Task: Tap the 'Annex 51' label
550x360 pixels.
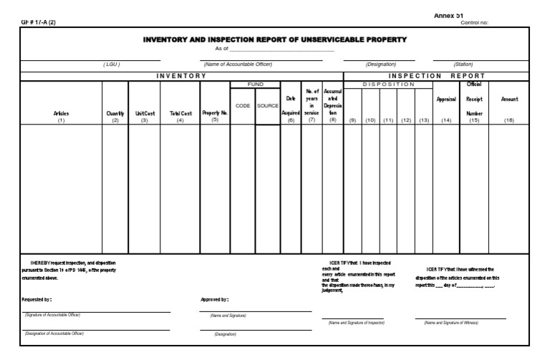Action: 449,15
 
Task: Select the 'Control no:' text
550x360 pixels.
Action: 475,22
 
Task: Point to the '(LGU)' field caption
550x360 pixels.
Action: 112,64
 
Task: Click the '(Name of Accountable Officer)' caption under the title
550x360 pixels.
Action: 238,64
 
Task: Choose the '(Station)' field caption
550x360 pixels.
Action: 463,64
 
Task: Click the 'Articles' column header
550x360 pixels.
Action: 61,113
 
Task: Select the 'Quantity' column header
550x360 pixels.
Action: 115,113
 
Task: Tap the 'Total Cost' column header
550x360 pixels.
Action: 180,113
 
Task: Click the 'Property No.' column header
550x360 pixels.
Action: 214,113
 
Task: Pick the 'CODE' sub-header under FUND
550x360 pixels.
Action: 242,105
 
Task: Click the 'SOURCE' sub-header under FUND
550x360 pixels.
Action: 267,105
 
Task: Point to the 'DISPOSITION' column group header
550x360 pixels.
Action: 388,84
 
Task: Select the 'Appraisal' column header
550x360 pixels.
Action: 446,99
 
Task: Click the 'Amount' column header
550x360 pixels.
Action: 509,99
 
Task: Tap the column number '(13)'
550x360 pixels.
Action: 424,120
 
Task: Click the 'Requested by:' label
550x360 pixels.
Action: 37,299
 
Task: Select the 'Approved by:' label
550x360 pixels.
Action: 214,299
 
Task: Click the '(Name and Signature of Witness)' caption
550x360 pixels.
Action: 450,323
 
